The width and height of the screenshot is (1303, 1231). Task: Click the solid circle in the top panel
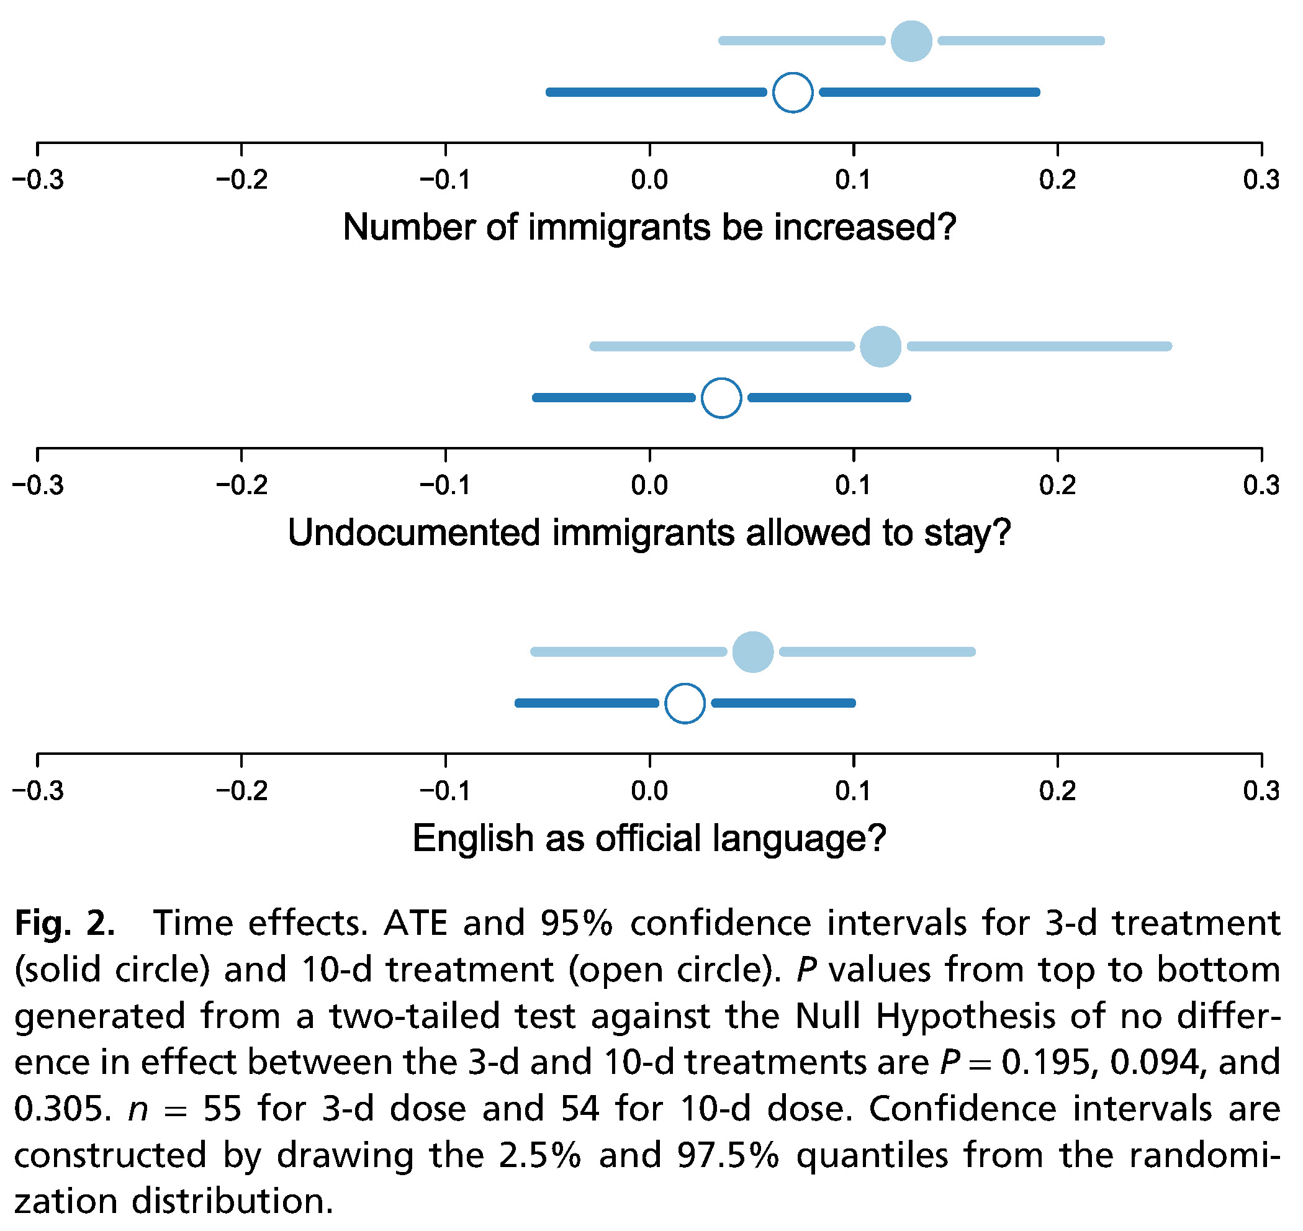911,41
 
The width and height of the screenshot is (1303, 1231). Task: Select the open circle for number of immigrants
793,92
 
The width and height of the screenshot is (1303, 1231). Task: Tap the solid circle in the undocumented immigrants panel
880,346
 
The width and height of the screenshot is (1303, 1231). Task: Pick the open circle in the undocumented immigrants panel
721,398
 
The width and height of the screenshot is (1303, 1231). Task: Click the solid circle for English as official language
752,652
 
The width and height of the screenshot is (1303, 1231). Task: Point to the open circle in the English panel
685,703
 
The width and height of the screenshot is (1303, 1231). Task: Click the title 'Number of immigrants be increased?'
649,228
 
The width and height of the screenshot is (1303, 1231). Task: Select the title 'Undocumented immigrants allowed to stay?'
649,533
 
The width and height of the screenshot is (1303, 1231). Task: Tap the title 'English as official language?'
649,839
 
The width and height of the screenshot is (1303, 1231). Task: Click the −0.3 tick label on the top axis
38,180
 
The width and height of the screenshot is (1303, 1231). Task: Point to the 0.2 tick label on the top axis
1058,180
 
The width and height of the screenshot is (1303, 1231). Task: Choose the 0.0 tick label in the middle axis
649,485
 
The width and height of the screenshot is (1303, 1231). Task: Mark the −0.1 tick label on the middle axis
446,485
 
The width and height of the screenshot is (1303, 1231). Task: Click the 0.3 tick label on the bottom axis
1261,791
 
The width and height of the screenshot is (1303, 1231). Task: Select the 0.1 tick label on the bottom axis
854,791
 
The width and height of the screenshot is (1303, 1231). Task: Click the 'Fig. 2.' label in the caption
65,924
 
